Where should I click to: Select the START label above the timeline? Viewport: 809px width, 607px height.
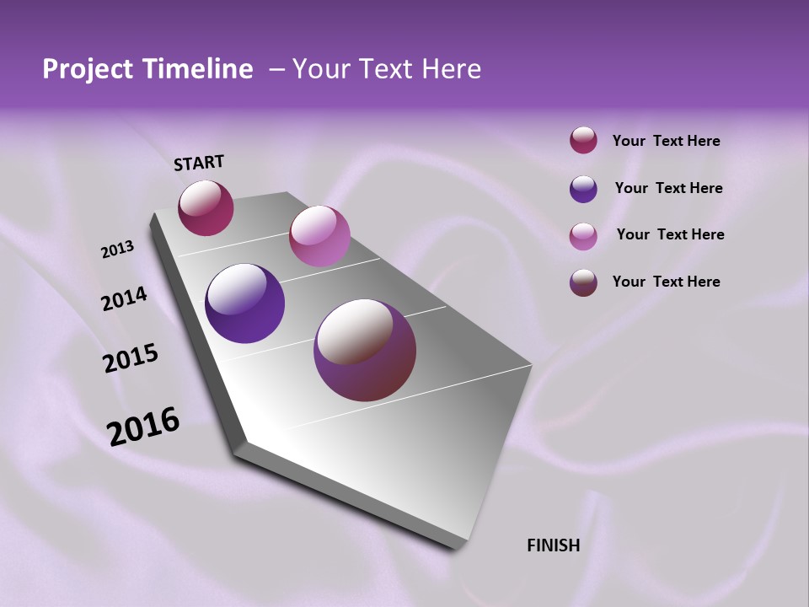(199, 163)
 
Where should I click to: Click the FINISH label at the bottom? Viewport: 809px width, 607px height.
(553, 545)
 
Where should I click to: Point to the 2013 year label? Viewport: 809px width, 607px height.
(117, 250)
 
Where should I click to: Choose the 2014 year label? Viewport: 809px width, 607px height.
(124, 298)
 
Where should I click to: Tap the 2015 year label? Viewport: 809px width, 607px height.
(130, 358)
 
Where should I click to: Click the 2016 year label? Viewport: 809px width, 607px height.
(142, 426)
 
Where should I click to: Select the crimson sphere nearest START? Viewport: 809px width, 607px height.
(206, 207)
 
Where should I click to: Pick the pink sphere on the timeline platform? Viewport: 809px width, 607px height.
(319, 236)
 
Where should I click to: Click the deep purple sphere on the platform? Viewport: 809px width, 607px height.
(245, 303)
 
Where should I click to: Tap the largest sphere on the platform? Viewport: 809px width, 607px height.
(365, 350)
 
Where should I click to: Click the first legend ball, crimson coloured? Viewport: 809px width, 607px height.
(583, 141)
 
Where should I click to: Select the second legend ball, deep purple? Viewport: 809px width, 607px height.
(583, 189)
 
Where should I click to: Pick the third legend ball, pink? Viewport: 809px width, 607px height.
(583, 235)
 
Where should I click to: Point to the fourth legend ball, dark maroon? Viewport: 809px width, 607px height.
(583, 282)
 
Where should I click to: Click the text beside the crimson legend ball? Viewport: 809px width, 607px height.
(666, 141)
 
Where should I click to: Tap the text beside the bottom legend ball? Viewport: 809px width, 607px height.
(666, 282)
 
